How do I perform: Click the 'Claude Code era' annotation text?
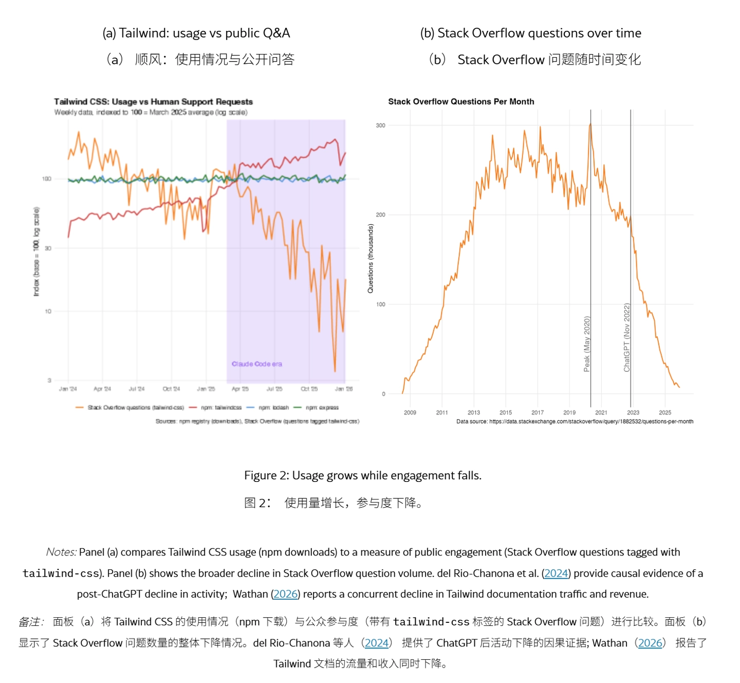(x=256, y=364)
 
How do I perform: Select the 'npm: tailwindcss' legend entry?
(x=221, y=408)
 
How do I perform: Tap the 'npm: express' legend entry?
(x=322, y=408)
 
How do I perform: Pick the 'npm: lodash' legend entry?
(x=273, y=408)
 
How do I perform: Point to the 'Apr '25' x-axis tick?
(x=240, y=389)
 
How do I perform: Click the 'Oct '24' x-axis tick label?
(x=171, y=389)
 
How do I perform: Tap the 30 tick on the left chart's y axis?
(x=48, y=248)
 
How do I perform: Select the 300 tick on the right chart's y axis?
(x=380, y=125)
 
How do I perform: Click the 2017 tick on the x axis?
(x=538, y=412)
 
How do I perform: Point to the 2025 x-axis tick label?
(x=665, y=412)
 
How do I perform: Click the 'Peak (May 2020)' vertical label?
(x=587, y=344)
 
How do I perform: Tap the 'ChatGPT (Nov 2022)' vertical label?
(x=626, y=337)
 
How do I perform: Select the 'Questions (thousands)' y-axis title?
(x=371, y=258)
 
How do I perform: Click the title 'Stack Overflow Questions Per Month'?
(x=461, y=102)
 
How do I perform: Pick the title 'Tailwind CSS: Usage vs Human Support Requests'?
(x=153, y=102)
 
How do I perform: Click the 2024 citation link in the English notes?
(x=556, y=573)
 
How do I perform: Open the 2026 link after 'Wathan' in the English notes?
(x=285, y=594)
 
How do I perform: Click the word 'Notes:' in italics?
(x=61, y=552)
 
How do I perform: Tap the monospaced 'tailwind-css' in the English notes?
(x=61, y=573)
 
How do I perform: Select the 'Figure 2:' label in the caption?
(x=266, y=476)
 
